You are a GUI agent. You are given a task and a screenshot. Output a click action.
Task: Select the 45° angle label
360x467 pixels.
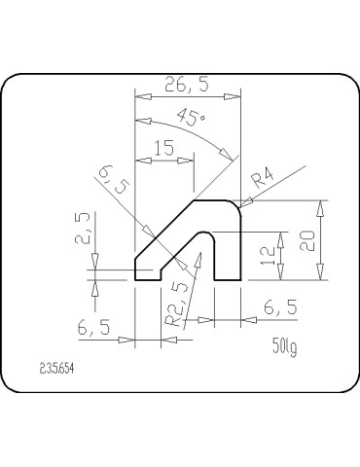coord(193,119)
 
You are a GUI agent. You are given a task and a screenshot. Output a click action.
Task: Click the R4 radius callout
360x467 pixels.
coord(264,180)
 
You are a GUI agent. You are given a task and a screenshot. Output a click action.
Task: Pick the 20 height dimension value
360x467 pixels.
coord(307,240)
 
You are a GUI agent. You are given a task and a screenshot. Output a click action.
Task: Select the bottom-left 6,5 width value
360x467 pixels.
coord(95,329)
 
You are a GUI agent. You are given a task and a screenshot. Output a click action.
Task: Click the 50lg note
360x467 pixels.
coord(284,347)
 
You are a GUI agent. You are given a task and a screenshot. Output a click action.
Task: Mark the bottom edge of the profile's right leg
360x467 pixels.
coord(227,279)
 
